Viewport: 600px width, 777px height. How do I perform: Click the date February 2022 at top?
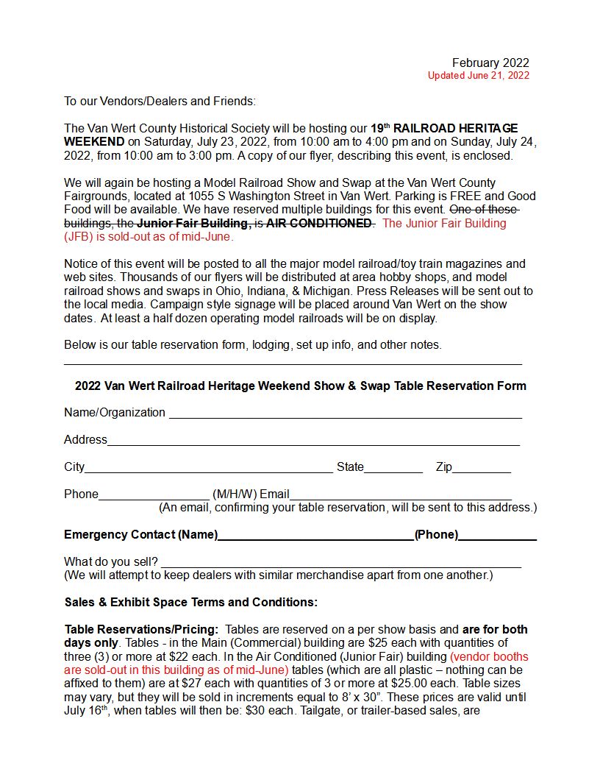[490, 63]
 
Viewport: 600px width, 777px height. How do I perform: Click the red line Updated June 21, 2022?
[478, 75]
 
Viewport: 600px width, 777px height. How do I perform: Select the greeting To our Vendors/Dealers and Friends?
[160, 101]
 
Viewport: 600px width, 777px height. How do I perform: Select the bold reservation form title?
[300, 386]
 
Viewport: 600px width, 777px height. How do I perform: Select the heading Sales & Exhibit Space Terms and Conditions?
[191, 602]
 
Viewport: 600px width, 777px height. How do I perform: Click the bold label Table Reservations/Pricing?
[141, 630]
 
